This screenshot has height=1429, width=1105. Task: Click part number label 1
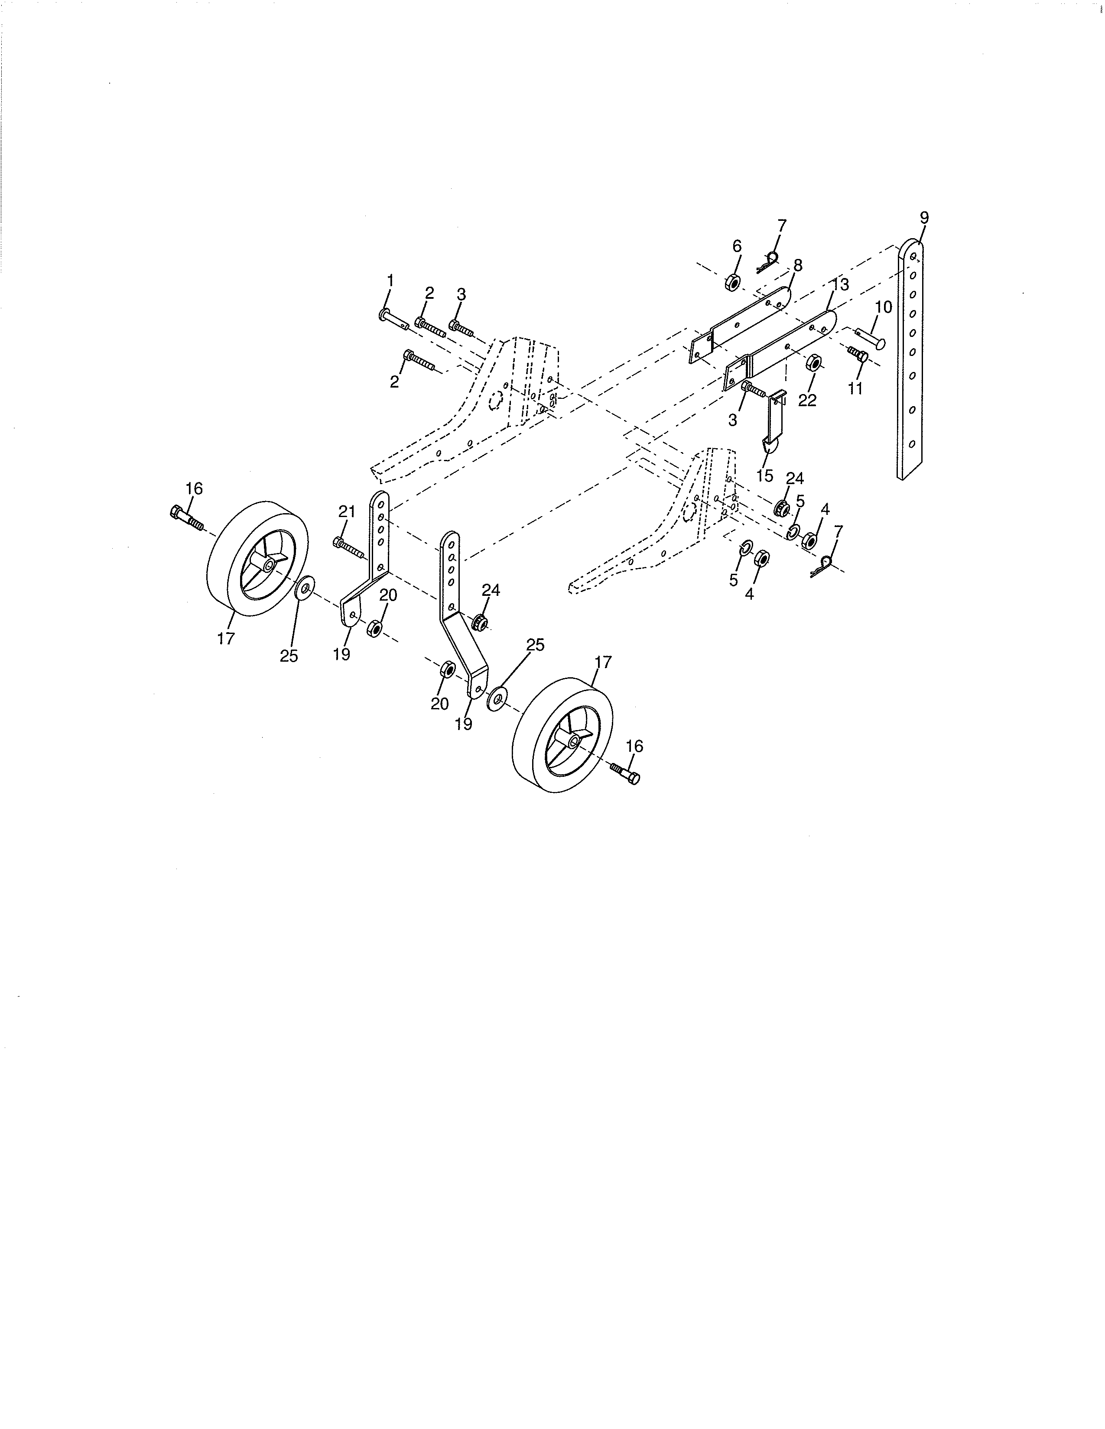point(390,281)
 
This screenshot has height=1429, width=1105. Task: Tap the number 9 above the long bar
point(924,218)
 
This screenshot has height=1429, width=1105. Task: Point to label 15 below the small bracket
point(764,475)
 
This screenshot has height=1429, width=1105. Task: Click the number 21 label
point(346,512)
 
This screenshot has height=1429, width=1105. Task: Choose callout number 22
point(807,401)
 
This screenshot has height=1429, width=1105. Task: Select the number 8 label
point(797,265)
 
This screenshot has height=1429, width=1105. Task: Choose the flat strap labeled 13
point(786,347)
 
